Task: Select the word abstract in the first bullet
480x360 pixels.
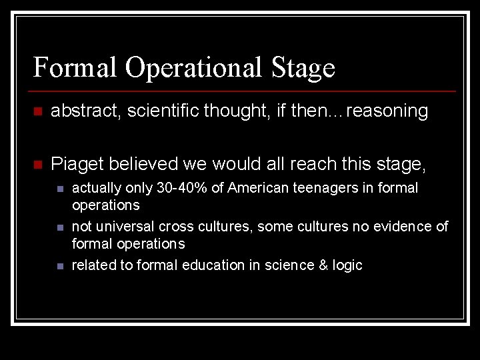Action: point(81,111)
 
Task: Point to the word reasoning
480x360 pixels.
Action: point(387,111)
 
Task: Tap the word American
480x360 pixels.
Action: point(258,189)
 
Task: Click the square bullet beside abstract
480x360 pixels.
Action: point(37,112)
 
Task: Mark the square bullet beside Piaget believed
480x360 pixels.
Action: point(37,164)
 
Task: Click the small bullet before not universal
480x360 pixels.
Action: point(60,227)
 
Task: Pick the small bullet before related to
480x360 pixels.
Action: point(60,266)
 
